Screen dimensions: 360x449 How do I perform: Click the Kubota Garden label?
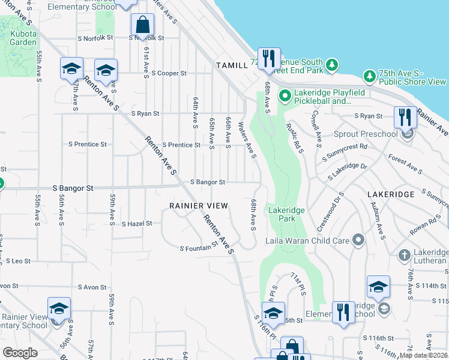[x=23, y=38]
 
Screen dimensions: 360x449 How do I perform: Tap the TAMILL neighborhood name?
[x=232, y=65]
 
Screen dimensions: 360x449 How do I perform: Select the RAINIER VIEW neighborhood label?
[x=199, y=206]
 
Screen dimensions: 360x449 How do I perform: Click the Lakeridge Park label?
[x=286, y=214]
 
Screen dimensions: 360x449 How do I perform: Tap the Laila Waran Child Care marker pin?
[x=358, y=241]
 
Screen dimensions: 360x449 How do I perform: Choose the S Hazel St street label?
[x=137, y=224]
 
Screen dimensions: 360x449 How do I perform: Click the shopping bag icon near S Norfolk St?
[x=143, y=25]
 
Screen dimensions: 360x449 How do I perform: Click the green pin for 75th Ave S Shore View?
[x=370, y=76]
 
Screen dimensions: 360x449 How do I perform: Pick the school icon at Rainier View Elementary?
[x=59, y=310]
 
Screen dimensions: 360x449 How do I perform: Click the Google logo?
[x=20, y=353]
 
